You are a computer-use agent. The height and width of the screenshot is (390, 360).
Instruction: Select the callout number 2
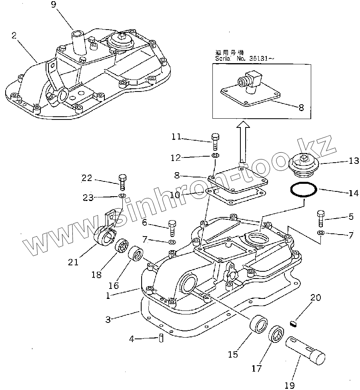(x=14, y=36)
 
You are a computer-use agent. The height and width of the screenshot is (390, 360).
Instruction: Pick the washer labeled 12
(x=215, y=155)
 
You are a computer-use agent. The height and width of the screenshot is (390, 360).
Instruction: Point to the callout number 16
(x=114, y=285)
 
